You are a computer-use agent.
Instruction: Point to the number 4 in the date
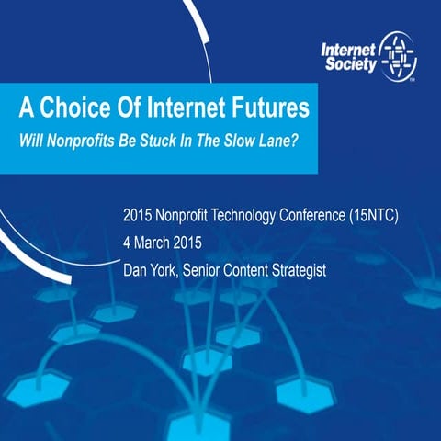coord(127,244)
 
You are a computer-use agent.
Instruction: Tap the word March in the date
coord(152,244)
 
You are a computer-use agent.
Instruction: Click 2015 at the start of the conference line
coord(138,219)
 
